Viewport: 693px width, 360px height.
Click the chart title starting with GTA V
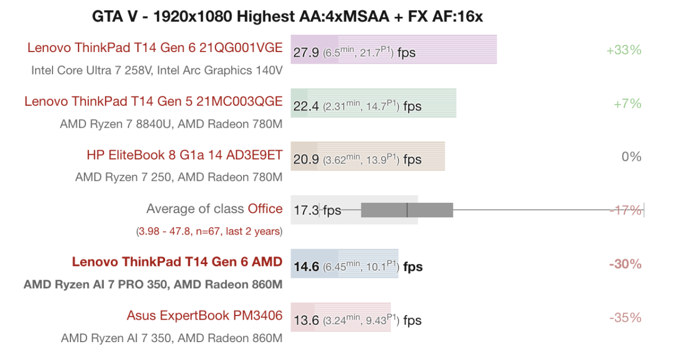(x=287, y=16)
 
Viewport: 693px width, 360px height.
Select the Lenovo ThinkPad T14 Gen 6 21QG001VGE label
(x=155, y=48)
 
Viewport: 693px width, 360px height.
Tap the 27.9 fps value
(x=306, y=53)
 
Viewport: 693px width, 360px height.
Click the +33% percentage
(x=624, y=50)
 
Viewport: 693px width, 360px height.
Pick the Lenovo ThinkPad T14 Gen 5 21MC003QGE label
(x=154, y=102)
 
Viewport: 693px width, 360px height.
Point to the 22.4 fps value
(x=306, y=106)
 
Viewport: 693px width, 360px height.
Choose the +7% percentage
(x=627, y=103)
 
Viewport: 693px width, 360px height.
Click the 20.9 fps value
(x=306, y=159)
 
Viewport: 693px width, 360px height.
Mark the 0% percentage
(x=631, y=157)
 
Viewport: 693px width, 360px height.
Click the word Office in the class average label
(x=265, y=209)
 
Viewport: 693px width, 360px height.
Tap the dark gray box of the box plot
(x=407, y=210)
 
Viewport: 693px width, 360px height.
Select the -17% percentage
(x=625, y=210)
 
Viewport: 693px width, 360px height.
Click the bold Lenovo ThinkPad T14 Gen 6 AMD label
(x=177, y=262)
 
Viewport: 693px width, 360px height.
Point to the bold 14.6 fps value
(x=306, y=266)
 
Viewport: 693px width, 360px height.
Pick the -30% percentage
(x=625, y=264)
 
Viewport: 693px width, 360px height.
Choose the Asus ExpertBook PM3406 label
(x=204, y=316)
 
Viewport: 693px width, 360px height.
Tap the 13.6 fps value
(x=306, y=320)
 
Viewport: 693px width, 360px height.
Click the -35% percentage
(x=625, y=318)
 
